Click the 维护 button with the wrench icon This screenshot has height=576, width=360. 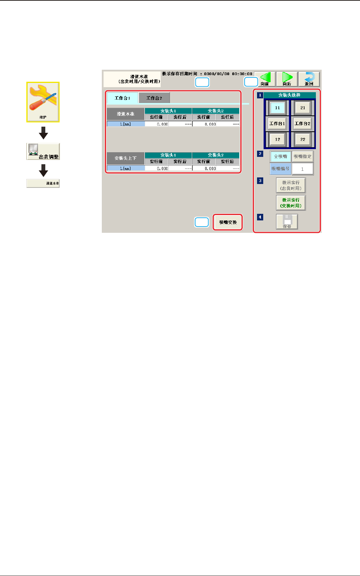(43, 102)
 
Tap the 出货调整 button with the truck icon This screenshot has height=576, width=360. (43, 151)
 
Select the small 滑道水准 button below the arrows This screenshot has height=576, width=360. (43, 183)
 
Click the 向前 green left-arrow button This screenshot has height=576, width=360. (265, 79)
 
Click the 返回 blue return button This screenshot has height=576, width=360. (309, 79)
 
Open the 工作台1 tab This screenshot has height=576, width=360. (122, 98)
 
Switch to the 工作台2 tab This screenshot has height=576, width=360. (154, 98)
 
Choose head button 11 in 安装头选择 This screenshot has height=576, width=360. (278, 108)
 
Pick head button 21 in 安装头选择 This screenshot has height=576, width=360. (303, 108)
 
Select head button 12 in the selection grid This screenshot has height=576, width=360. (278, 139)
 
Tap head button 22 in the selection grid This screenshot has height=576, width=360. (303, 139)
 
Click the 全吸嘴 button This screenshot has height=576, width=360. (280, 156)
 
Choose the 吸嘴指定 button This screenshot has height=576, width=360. (302, 156)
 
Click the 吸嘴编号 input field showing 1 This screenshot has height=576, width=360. (302, 169)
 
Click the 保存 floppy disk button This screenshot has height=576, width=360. (287, 222)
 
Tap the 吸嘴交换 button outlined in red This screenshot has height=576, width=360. (228, 222)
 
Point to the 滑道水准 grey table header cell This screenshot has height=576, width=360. (126, 114)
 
